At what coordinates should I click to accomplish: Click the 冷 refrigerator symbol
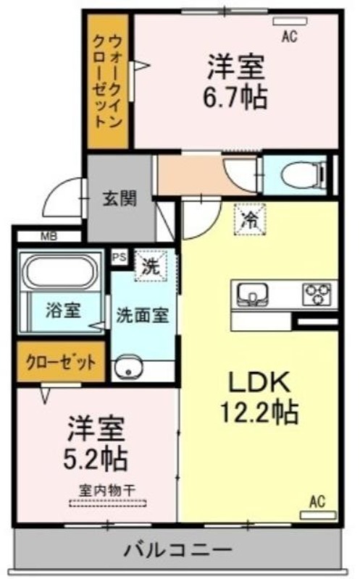pos(251,219)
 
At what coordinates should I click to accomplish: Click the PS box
pos(120,258)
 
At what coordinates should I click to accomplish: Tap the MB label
pos(49,237)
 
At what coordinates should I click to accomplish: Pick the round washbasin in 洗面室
pos(128,367)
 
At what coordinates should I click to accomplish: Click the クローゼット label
pos(62,363)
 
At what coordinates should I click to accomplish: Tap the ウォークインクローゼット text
pos(106,80)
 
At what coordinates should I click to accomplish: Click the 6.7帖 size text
pos(235,97)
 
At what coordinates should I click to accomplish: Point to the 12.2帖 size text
pos(259,411)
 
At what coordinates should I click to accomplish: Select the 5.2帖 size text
pos(96,458)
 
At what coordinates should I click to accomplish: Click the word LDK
pos(259,383)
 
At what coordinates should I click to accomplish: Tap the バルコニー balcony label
pos(178,550)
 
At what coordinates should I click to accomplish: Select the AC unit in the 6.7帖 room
pos(290,22)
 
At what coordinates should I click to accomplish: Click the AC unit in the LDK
pos(318,515)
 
